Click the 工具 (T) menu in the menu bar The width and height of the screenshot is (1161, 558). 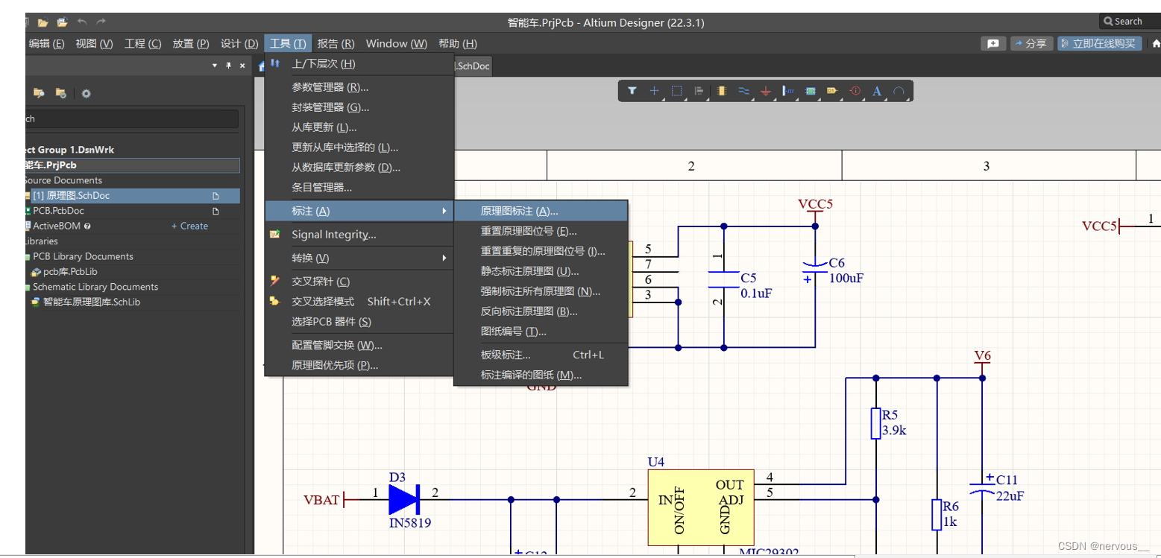[288, 44]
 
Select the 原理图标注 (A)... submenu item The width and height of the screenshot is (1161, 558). [519, 212]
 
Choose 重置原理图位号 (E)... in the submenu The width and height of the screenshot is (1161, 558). [528, 232]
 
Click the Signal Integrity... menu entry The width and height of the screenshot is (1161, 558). [333, 235]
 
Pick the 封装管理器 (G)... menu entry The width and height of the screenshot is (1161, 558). [330, 107]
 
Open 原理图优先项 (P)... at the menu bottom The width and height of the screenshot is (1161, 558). [335, 365]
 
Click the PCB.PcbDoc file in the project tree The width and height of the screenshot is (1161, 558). [58, 211]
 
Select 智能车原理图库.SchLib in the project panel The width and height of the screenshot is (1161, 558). [91, 302]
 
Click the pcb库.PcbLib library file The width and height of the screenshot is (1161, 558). [70, 272]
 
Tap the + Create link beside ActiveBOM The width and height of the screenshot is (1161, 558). [189, 226]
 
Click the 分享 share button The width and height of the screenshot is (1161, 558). [1031, 44]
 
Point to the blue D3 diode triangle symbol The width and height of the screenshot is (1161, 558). [404, 499]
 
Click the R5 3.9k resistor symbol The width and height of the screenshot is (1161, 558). [876, 424]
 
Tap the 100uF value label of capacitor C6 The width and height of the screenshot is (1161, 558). [846, 277]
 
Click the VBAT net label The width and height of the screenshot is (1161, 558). [321, 500]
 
